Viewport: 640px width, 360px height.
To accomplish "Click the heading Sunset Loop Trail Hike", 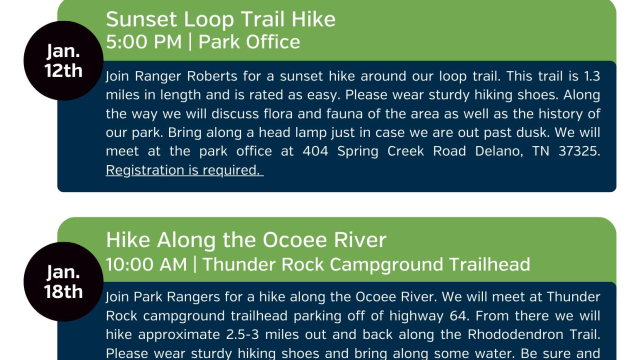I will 220,20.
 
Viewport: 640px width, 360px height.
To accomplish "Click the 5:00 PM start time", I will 141,42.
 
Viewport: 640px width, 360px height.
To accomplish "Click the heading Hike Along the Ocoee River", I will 246,241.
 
